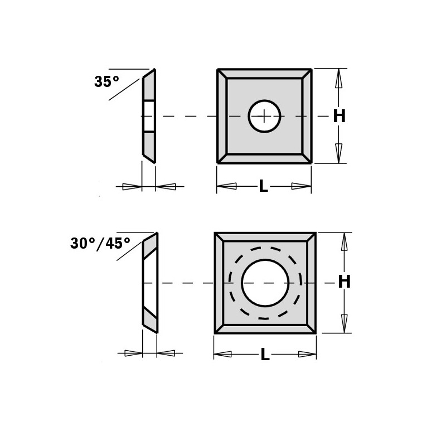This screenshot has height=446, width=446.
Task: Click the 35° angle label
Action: click(106, 82)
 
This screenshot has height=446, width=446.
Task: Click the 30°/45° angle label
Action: click(100, 244)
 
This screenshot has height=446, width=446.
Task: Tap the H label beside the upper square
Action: click(339, 117)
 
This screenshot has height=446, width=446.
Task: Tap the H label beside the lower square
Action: click(345, 282)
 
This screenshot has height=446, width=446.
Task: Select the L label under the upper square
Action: click(263, 187)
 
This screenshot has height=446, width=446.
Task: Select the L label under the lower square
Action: click(265, 355)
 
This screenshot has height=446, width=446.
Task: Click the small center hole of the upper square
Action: click(264, 116)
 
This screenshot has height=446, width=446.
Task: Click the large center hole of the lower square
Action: click(265, 283)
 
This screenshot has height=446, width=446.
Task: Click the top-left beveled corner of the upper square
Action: click(222, 74)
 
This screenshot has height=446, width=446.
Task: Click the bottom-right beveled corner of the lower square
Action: click(312, 328)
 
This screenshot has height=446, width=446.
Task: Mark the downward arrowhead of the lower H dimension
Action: click(344, 322)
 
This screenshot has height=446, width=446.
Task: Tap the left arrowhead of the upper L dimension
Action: click(226, 186)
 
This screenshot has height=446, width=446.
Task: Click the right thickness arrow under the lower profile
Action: click(167, 353)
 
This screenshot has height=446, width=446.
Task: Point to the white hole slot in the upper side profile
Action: click(149, 117)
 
